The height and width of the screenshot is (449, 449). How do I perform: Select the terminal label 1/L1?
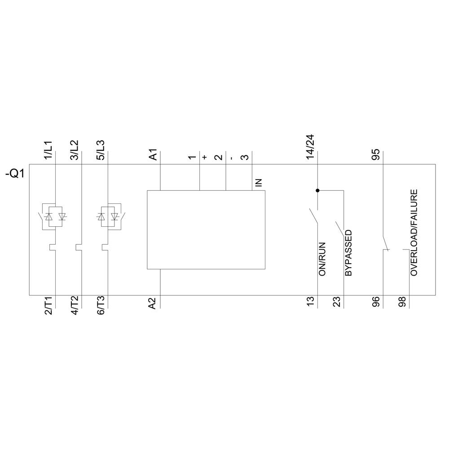[48, 150]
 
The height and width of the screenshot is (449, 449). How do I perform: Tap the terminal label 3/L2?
[75, 150]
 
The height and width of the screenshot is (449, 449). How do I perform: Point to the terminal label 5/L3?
[101, 150]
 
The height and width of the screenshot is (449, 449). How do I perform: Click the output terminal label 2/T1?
[48, 306]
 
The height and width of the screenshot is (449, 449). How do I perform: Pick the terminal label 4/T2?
[75, 306]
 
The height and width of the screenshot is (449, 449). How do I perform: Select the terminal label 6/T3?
[101, 306]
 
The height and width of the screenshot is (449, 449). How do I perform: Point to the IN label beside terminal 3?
[258, 182]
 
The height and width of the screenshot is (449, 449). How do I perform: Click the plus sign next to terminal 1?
[205, 157]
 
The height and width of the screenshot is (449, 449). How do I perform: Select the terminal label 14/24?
[311, 147]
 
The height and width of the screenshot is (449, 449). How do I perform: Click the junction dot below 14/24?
[317, 190]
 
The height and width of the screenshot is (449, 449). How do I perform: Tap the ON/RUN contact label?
[322, 259]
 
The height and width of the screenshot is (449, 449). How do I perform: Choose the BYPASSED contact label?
[348, 253]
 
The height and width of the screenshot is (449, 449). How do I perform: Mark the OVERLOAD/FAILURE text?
[414, 232]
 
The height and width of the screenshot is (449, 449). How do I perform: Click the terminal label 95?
[376, 154]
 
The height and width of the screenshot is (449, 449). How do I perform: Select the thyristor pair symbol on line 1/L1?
[54, 216]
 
